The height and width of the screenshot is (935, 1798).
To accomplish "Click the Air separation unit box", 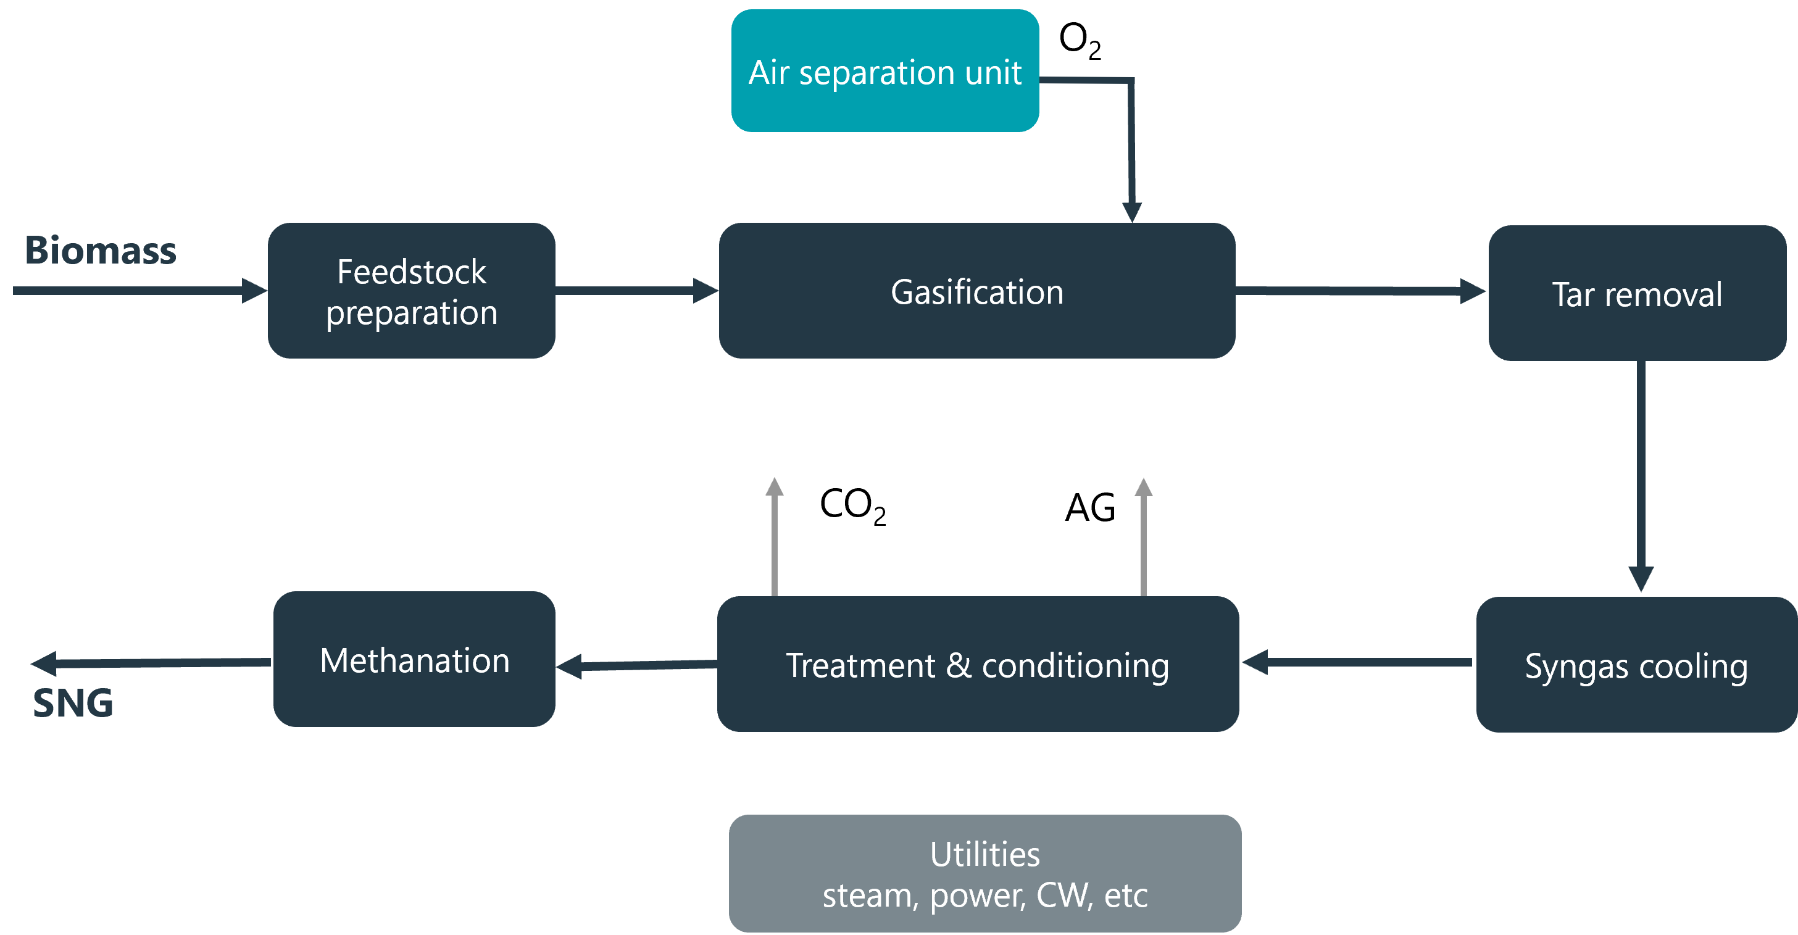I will click(884, 71).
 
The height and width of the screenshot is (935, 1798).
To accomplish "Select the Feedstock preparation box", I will click(411, 291).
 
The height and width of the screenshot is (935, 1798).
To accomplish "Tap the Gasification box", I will click(976, 291).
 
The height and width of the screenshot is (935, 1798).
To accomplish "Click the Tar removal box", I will click(1637, 293).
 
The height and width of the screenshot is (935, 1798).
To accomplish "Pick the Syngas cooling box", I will click(1636, 664).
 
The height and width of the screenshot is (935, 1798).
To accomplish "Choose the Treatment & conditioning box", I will click(977, 663).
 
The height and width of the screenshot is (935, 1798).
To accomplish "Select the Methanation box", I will click(414, 659).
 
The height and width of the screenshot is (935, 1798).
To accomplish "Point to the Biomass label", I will click(101, 250).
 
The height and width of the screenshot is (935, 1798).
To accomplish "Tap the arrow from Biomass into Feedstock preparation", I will click(139, 290).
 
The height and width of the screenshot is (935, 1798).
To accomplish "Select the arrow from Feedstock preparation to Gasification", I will click(636, 290).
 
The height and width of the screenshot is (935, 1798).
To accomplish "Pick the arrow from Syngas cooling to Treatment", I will click(1357, 662).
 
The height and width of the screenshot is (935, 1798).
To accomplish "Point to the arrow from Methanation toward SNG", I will click(150, 663).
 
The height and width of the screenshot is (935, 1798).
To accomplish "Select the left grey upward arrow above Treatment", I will click(774, 538).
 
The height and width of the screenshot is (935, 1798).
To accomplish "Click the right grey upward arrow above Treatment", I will click(1143, 538).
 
